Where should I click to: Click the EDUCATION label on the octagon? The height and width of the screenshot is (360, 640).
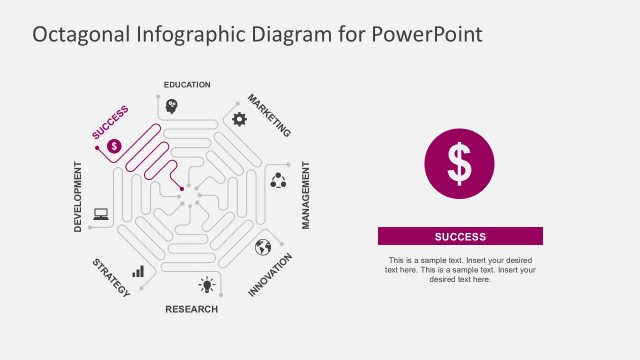coord(187,85)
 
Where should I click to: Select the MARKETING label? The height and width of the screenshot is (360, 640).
coord(269,116)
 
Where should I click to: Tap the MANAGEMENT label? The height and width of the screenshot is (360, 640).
coord(306,196)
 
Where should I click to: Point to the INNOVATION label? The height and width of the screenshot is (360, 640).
coord(270,274)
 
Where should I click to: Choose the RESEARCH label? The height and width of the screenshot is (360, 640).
coord(191,310)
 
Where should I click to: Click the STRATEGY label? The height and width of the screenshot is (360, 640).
coord(111,278)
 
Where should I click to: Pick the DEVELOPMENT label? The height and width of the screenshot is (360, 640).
coord(78,196)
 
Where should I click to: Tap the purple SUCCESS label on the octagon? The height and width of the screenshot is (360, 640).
coord(110,122)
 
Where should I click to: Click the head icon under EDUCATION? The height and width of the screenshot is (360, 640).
coord(171,106)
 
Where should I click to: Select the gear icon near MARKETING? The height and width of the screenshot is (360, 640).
coord(239,119)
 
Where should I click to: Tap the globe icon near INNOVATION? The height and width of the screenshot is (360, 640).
coord(263,247)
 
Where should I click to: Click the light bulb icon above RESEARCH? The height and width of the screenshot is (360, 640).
coord(207,285)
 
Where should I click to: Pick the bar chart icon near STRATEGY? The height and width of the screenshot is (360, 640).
coord(138,270)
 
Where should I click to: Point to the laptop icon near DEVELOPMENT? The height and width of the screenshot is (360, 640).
coord(101,213)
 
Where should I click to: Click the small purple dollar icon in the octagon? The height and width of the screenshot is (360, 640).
coord(114,146)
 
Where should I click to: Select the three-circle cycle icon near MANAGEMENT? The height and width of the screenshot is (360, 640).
coord(278,180)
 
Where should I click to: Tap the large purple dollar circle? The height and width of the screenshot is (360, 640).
coord(459,163)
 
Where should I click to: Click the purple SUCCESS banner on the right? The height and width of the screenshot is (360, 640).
coord(460,237)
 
